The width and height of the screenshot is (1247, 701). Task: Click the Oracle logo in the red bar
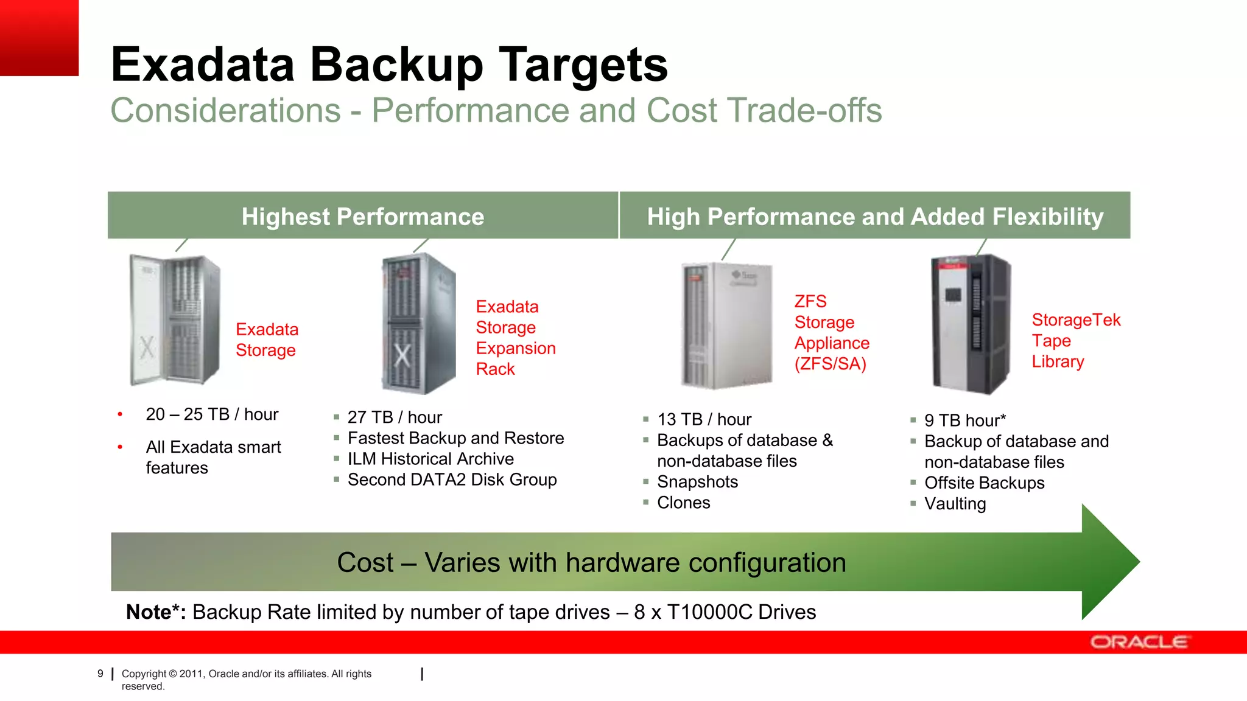point(1138,642)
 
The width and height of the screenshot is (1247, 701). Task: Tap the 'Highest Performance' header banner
point(363,217)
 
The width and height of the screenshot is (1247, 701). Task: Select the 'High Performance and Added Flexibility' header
point(875,217)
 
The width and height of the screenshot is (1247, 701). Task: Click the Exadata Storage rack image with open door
point(175,320)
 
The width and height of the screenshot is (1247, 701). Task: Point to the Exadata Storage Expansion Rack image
point(419,324)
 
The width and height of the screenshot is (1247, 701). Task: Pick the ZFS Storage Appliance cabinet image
point(726,326)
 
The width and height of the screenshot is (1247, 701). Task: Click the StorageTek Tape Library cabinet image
point(971,324)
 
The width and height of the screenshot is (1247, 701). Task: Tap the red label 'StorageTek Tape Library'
point(1075,341)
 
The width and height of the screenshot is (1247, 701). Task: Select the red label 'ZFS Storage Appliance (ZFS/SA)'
point(832,332)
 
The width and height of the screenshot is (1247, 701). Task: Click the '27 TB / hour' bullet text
point(395,417)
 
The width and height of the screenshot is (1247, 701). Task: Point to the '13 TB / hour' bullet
point(704,420)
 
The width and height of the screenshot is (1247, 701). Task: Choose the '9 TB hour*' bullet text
point(964,420)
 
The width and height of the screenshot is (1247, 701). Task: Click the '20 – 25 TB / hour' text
point(212,414)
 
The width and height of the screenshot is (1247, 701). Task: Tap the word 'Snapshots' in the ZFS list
point(697,482)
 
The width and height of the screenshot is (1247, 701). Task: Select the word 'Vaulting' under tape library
point(955,504)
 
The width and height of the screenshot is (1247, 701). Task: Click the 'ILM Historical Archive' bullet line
point(430,459)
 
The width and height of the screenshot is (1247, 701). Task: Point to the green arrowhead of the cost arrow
point(1108,562)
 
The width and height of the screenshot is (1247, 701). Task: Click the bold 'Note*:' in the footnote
point(156,612)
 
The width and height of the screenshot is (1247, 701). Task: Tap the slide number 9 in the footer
point(100,674)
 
